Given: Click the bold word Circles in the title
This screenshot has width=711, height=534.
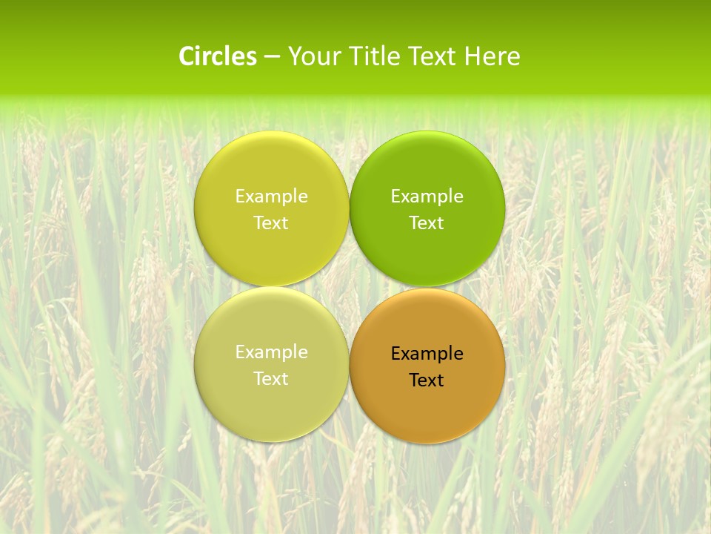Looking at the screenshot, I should pyautogui.click(x=218, y=56).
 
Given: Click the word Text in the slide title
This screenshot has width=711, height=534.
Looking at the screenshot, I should pyautogui.click(x=433, y=56).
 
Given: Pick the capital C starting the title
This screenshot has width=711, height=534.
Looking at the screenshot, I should pyautogui.click(x=187, y=56).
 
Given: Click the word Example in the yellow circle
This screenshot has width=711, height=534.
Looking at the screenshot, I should pyautogui.click(x=271, y=196).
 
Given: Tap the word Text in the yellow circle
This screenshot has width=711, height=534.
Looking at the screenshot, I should pyautogui.click(x=271, y=222).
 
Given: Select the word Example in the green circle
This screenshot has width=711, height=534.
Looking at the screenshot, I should pyautogui.click(x=427, y=196).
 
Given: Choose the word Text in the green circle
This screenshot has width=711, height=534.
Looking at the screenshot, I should pyautogui.click(x=427, y=222).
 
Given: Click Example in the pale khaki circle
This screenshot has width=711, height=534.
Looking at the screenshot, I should pyautogui.click(x=271, y=352).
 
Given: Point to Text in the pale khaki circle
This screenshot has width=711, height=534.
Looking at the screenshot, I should pyautogui.click(x=271, y=378).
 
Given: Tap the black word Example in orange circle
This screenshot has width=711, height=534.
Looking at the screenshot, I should pyautogui.click(x=427, y=353).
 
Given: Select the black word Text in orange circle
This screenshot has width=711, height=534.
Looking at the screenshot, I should pyautogui.click(x=427, y=380).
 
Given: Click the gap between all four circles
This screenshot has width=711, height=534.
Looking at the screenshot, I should pyautogui.click(x=349, y=286).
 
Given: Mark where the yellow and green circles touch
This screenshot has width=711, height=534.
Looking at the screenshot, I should pyautogui.click(x=349, y=209).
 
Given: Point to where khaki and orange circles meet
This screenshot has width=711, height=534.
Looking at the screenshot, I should pyautogui.click(x=349, y=365).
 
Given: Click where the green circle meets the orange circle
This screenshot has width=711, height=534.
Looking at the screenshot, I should pyautogui.click(x=427, y=287).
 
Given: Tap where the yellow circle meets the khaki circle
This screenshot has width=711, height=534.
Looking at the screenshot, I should pyautogui.click(x=272, y=286).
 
